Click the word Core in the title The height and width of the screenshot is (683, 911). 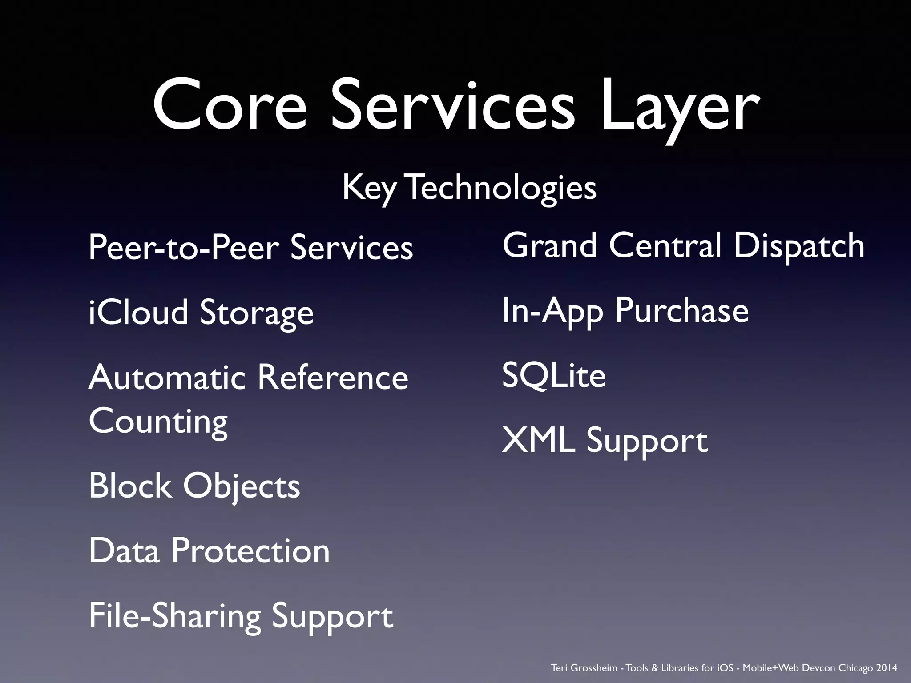pyautogui.click(x=230, y=106)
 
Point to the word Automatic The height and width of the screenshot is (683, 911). pyautogui.click(x=167, y=378)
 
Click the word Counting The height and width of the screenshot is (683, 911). pyautogui.click(x=158, y=422)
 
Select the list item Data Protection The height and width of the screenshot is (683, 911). pyautogui.click(x=209, y=551)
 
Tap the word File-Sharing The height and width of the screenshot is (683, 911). pyautogui.click(x=174, y=616)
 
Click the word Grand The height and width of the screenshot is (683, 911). pyautogui.click(x=549, y=245)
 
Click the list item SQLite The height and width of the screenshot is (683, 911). pyautogui.click(x=554, y=376)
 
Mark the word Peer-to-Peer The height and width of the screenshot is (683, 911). pyautogui.click(x=183, y=248)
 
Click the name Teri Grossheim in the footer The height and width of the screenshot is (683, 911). pyautogui.click(x=584, y=668)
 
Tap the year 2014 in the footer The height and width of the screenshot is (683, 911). pyautogui.click(x=887, y=668)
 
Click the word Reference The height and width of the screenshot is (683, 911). pyautogui.click(x=333, y=378)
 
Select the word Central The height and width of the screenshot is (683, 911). pyautogui.click(x=665, y=245)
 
